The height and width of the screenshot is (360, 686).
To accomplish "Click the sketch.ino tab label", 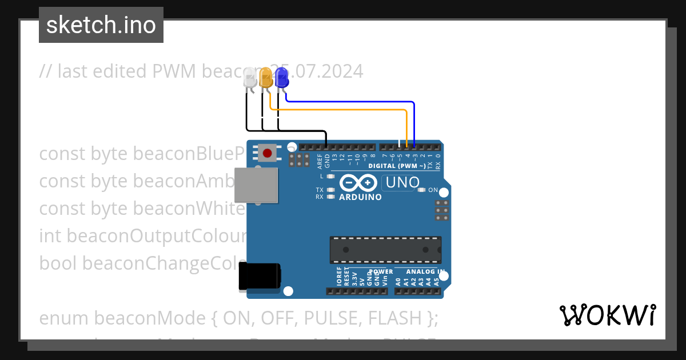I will tap(101, 25).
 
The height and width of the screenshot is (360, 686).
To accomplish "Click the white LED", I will tap(250, 78).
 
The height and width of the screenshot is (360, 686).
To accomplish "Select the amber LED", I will tap(266, 77).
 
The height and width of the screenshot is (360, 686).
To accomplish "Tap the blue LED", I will tap(281, 77).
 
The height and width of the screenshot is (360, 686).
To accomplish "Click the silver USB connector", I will tap(257, 185).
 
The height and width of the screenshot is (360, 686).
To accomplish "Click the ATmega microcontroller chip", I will tap(385, 249).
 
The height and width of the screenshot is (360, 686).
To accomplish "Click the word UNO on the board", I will tap(403, 183).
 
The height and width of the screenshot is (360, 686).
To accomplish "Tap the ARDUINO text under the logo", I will tap(360, 197).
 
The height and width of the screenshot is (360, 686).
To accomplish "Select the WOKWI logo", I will tap(607, 315).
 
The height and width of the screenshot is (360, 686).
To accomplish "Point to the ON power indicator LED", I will tap(422, 190).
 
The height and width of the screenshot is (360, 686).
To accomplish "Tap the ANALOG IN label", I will tap(425, 271).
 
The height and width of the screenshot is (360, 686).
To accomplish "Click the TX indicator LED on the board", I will tap(330, 190).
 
